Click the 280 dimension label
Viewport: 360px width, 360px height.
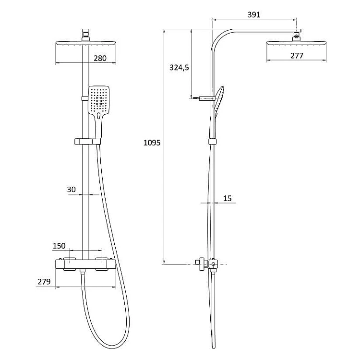tap(100, 58)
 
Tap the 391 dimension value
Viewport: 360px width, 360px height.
tap(254, 15)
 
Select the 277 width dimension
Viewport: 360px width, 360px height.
tap(297, 56)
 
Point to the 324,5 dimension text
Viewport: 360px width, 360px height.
tap(179, 68)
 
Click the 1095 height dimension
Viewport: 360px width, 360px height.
tap(152, 143)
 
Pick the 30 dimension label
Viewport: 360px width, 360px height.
tap(71, 190)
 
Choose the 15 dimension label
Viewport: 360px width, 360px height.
tap(228, 198)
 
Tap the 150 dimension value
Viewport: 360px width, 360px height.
tap(59, 246)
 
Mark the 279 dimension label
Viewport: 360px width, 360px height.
tap(44, 281)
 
